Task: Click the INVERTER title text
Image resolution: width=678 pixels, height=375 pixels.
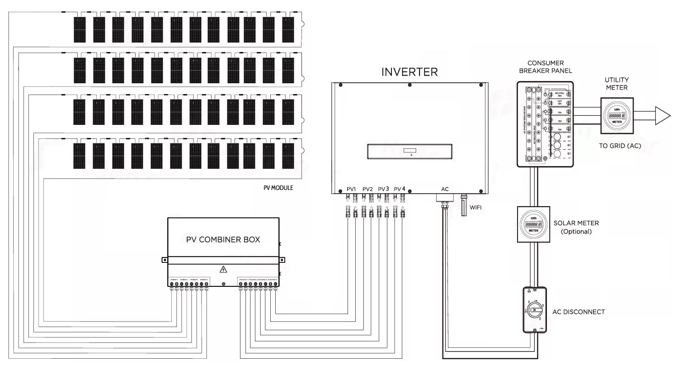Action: (x=410, y=72)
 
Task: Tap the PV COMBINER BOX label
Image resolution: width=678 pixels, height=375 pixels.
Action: (x=223, y=240)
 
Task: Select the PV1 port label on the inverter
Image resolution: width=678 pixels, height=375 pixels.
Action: (x=351, y=189)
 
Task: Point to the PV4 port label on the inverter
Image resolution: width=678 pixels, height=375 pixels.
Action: (x=400, y=189)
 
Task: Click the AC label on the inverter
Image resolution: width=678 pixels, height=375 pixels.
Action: (x=445, y=189)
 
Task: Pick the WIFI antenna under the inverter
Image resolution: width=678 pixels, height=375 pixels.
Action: (x=463, y=206)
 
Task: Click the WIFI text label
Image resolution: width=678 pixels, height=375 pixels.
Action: (x=476, y=208)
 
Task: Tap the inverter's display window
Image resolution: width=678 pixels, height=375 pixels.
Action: (x=410, y=151)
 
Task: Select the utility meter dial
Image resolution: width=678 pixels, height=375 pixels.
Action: (x=617, y=116)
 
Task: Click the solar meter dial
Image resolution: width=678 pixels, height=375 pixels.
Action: (x=533, y=225)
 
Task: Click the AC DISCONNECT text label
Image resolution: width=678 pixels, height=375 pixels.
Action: (x=578, y=312)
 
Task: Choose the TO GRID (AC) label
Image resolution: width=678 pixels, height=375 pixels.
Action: (x=620, y=146)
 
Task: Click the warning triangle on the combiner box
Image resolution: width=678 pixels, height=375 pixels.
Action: (x=223, y=270)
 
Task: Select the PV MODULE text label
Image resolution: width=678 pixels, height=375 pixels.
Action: (x=278, y=188)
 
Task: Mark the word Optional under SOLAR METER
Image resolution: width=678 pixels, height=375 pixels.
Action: (x=576, y=232)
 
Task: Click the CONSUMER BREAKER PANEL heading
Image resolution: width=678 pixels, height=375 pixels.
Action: (x=545, y=67)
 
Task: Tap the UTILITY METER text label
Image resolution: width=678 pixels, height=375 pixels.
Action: (x=617, y=84)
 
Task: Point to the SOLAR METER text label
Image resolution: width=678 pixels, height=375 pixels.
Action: (x=576, y=223)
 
